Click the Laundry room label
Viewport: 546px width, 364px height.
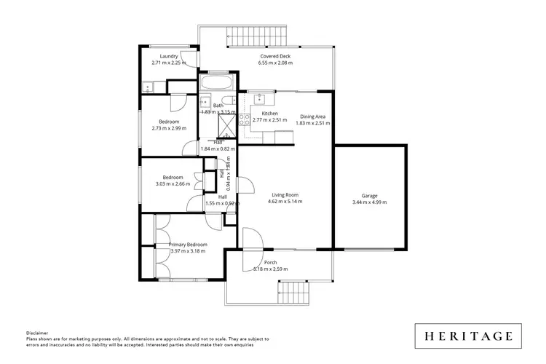170,56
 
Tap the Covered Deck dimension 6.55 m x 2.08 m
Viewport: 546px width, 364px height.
275,63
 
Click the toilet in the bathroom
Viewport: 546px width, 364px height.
226,101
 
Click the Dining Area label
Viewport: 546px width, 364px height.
313,116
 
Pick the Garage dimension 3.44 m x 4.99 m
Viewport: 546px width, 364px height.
369,202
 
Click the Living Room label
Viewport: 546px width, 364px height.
285,194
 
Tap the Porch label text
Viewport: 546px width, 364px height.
270,262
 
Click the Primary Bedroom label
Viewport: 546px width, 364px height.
188,244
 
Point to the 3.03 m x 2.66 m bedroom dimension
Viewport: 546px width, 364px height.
173,184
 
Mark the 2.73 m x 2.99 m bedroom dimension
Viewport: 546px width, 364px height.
170,128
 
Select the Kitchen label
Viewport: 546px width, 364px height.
270,114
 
